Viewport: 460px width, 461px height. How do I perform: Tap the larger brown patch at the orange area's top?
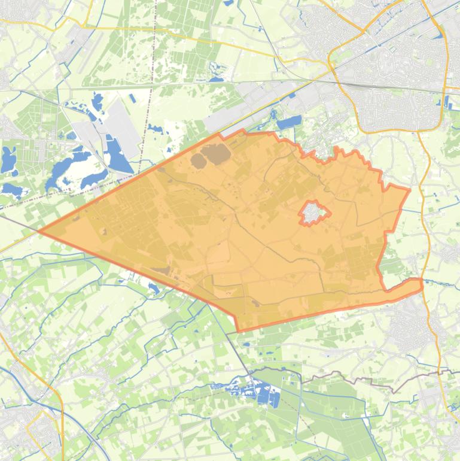tap(218, 154)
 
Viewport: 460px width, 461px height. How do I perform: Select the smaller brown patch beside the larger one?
tap(198, 160)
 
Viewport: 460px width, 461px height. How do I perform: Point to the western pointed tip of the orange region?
tap(40, 231)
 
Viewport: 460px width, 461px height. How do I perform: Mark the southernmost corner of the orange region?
tap(239, 330)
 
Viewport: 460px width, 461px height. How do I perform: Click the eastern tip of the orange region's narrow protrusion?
tap(421, 284)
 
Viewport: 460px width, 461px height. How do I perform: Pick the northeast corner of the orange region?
tap(409, 190)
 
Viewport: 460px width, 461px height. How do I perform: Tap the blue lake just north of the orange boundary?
tap(289, 123)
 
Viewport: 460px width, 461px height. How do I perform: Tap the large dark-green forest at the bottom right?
tap(335, 419)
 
